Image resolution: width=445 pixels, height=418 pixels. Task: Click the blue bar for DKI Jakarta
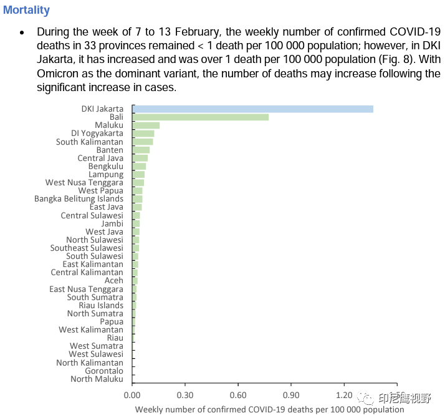click(x=252, y=109)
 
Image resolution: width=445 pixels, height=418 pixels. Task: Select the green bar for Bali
click(x=200, y=117)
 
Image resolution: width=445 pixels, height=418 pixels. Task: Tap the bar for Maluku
click(x=146, y=125)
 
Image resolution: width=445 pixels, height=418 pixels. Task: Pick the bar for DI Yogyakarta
click(x=143, y=134)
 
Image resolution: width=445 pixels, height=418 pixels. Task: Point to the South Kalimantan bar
click(x=143, y=142)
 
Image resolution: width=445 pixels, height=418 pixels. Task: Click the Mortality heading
click(x=26, y=11)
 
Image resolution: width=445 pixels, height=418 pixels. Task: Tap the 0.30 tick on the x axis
click(x=185, y=396)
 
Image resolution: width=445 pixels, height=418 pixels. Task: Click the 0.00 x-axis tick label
click(x=132, y=396)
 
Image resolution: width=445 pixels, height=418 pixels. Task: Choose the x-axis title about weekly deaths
click(x=269, y=409)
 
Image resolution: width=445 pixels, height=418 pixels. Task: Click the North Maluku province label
click(x=97, y=379)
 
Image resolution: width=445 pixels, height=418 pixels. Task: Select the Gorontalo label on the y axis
click(x=104, y=371)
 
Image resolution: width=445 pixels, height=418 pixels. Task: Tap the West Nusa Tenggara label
click(x=84, y=183)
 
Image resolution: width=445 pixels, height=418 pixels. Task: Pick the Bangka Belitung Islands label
click(x=79, y=199)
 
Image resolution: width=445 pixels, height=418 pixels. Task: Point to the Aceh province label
click(x=113, y=281)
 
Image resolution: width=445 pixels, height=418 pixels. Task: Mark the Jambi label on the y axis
click(x=112, y=223)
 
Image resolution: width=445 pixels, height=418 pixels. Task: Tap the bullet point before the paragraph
click(x=22, y=32)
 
